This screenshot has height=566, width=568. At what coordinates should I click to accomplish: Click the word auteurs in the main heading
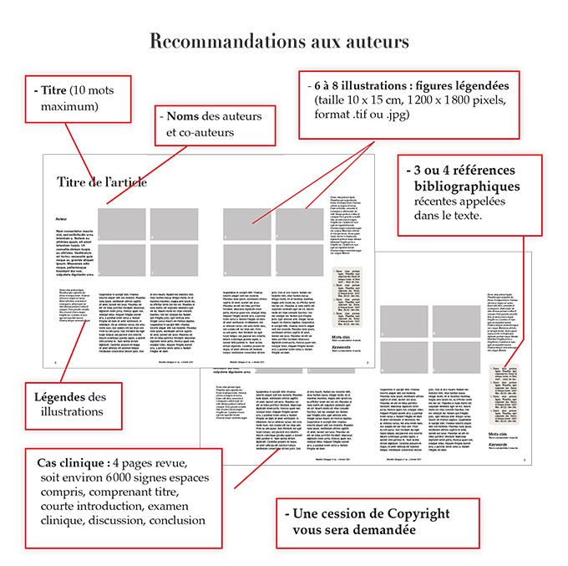(378, 41)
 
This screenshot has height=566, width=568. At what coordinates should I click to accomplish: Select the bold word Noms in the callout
(184, 115)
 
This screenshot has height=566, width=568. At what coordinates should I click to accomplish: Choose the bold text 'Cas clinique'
(72, 463)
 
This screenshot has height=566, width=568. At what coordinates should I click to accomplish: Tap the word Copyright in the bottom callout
(411, 513)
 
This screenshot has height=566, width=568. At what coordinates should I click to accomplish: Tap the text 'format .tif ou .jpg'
(363, 115)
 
